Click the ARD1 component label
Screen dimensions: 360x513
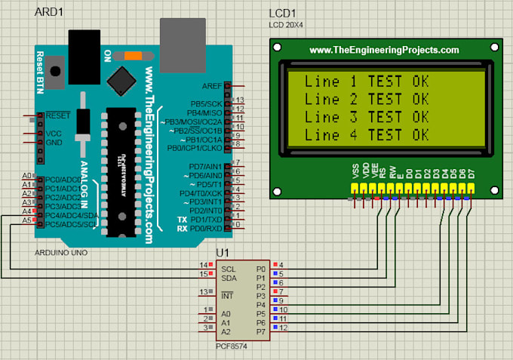(48, 13)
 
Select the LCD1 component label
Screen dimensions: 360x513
(283, 14)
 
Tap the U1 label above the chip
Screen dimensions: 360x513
(223, 252)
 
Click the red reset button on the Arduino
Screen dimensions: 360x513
(54, 66)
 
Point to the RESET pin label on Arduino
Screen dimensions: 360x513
(58, 115)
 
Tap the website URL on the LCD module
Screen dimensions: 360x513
(384, 50)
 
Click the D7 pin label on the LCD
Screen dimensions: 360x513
(472, 173)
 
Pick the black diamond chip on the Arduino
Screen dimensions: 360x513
(121, 79)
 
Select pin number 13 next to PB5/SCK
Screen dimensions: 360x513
(241, 100)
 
